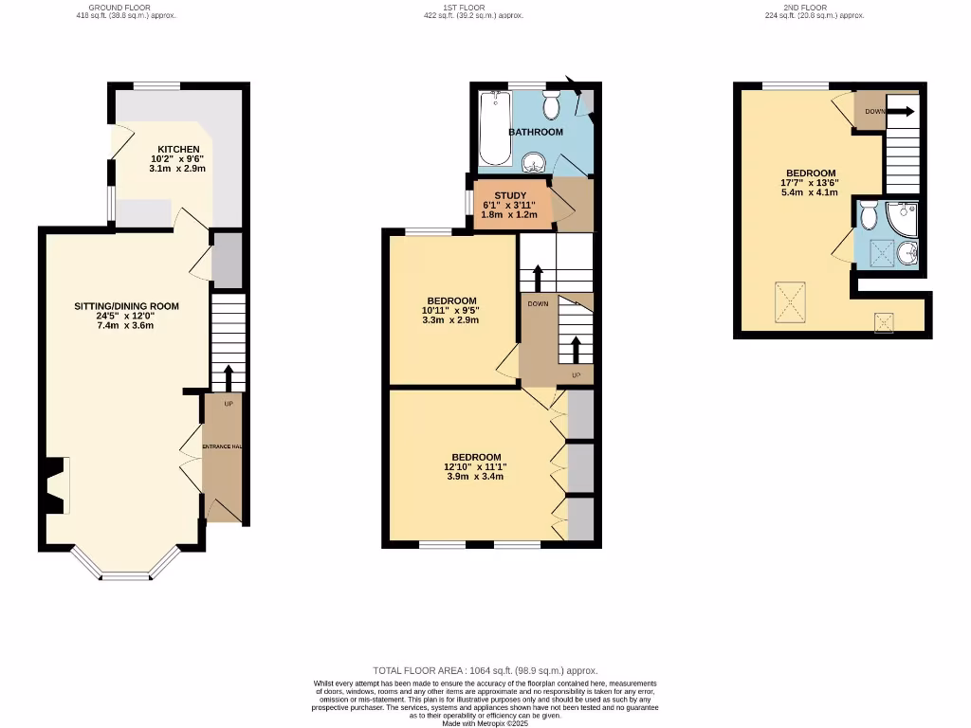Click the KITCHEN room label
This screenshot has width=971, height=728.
point(178,150)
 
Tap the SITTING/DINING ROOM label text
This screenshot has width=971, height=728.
point(127,306)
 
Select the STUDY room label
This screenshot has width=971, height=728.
point(510,195)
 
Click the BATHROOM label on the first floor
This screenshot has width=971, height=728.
point(536,132)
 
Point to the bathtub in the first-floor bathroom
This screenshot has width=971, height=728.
point(493,128)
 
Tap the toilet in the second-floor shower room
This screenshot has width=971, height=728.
point(869,218)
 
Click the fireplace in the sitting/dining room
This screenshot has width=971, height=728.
point(55,484)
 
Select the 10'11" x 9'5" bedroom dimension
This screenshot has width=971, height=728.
point(450,309)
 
